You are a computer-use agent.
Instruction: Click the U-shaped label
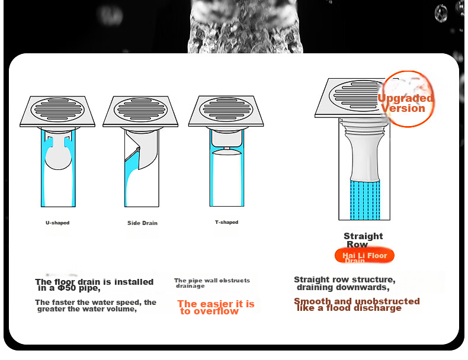coord(57,223)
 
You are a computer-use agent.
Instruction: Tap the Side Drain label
coord(142,223)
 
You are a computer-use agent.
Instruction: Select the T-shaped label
coord(226,222)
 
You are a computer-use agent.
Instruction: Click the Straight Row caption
coord(363,240)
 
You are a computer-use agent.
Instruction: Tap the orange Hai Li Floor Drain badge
coord(364,256)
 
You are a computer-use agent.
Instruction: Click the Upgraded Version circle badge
coord(407,99)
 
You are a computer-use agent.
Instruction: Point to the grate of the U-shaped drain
coord(57,110)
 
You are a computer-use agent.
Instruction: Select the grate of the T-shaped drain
coord(226,109)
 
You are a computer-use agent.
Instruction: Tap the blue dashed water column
coord(365,200)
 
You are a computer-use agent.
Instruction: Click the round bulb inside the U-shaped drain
coord(58,158)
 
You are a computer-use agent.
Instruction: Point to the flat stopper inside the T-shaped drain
coord(227,152)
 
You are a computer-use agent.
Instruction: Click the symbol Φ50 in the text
coord(66,288)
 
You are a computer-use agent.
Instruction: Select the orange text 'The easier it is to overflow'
coord(216,307)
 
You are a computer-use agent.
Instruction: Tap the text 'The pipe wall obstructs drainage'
coord(212,283)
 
